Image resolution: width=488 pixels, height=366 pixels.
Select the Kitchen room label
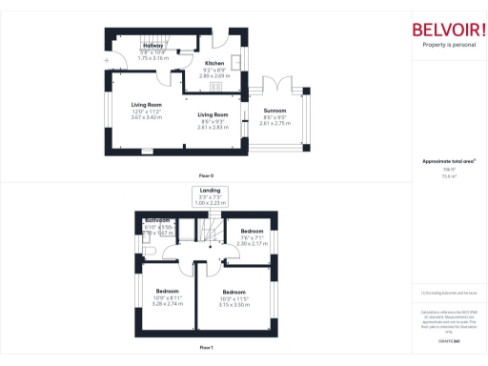214,64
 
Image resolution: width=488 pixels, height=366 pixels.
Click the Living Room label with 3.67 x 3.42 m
147,104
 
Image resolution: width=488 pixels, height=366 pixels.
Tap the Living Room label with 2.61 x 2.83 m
213,114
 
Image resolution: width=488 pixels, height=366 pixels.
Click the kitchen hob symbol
216,86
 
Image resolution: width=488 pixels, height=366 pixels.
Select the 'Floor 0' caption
206,176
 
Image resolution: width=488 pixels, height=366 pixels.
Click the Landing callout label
210,191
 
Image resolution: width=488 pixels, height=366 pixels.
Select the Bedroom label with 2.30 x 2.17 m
253,233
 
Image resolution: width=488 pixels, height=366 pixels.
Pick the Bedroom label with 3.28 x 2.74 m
168,290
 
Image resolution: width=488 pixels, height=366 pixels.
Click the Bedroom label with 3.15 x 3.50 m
234,292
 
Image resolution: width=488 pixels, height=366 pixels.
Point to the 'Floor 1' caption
206,348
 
